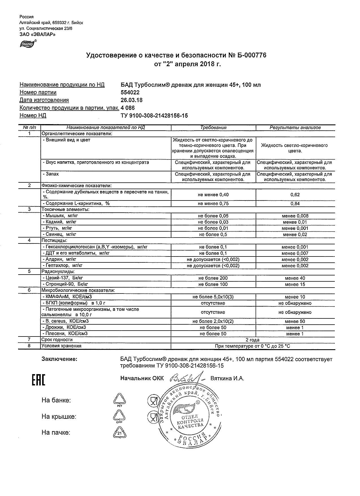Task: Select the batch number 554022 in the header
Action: (130, 92)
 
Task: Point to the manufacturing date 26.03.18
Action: (132, 100)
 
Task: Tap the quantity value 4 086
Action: (128, 108)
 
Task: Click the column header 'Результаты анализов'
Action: (295, 128)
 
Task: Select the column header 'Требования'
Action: (213, 128)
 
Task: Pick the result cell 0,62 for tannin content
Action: (295, 195)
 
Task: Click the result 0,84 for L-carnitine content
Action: (295, 204)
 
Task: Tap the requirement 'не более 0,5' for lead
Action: (213, 234)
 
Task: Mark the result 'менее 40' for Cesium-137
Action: (295, 278)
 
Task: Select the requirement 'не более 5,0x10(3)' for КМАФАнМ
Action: (213, 297)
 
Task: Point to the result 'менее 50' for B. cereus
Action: (295, 322)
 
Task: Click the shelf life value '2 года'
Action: (253, 340)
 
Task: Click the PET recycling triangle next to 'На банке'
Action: (119, 399)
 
